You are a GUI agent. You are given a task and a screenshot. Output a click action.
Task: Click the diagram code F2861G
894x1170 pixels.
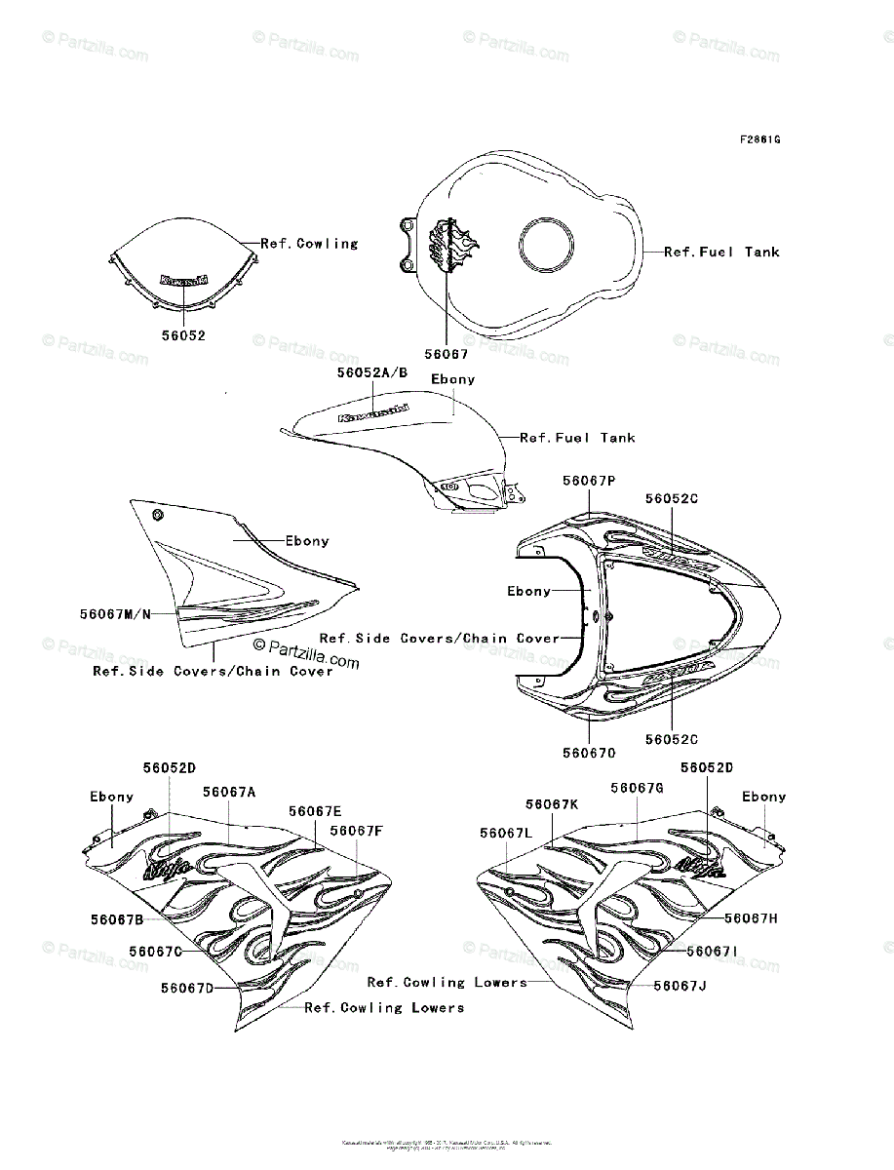759,138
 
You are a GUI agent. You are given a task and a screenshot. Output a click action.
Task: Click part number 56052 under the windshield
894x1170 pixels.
183,334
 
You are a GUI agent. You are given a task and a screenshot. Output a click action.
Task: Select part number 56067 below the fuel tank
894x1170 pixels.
447,355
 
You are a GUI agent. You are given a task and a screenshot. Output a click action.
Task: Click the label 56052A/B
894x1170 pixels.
372,372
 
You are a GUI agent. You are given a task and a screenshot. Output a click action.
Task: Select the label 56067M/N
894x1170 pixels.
115,614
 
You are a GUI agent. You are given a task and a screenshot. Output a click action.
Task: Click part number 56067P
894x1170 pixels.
590,480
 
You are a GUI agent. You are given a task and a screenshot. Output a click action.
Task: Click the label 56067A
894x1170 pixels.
229,792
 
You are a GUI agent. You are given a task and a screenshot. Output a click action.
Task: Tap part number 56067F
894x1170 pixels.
356,831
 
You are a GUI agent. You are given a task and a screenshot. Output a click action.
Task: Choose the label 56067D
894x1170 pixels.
187,988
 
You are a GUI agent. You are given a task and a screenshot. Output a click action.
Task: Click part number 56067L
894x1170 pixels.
506,832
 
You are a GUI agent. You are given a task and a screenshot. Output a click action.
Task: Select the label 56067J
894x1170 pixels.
680,986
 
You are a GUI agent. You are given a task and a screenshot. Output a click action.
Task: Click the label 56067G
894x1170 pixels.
637,787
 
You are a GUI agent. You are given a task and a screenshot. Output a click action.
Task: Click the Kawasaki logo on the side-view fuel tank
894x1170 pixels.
373,412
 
